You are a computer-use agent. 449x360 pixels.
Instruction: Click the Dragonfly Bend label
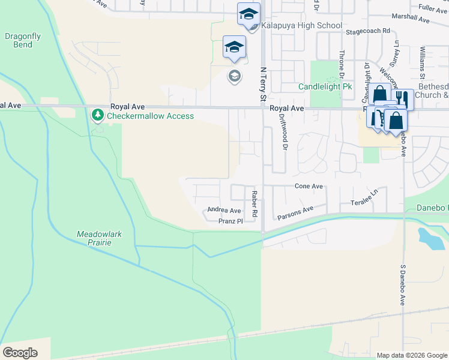23,40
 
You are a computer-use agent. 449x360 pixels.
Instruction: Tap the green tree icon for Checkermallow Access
97,114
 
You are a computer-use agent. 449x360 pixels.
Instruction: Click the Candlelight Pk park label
325,86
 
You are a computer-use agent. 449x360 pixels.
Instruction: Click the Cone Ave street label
309,186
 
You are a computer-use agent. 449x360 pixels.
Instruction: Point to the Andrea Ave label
224,210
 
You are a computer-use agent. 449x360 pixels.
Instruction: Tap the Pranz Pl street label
230,221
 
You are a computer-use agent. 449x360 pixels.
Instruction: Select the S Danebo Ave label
403,284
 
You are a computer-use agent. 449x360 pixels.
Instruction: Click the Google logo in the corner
20,352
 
